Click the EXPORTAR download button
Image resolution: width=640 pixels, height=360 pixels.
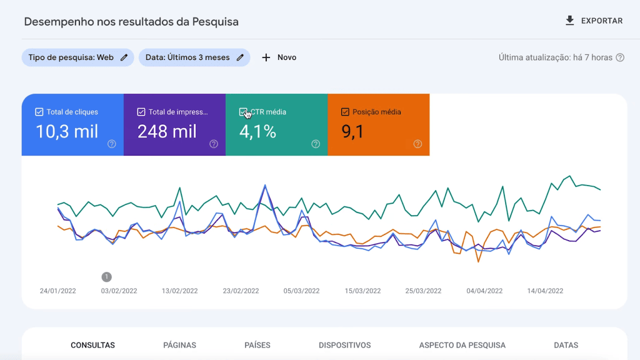click(594, 21)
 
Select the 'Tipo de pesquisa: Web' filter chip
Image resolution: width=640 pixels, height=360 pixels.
click(77, 57)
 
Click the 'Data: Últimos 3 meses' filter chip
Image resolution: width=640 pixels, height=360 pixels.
click(194, 57)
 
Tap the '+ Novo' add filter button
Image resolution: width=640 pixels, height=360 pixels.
click(279, 57)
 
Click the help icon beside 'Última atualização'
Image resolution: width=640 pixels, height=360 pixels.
click(620, 57)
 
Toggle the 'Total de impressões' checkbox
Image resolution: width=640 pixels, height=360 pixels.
click(141, 112)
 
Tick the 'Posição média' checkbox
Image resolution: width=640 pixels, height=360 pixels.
click(345, 112)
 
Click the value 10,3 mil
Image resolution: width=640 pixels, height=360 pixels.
click(67, 132)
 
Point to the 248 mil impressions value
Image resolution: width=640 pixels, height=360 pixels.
click(167, 132)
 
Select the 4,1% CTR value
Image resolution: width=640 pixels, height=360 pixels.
click(257, 132)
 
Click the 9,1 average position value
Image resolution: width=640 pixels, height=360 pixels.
click(352, 132)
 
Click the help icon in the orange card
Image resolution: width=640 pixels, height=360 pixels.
click(417, 144)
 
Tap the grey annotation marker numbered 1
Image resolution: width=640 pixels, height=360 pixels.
click(107, 276)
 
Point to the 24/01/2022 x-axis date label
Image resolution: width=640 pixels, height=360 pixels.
click(57, 291)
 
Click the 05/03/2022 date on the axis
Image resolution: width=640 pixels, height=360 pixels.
click(301, 291)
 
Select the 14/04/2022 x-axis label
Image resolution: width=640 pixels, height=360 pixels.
click(545, 291)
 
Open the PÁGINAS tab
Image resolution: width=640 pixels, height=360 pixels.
click(179, 345)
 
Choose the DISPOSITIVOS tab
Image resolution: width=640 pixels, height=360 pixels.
click(344, 345)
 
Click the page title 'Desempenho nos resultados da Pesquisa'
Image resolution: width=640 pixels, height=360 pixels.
click(131, 21)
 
